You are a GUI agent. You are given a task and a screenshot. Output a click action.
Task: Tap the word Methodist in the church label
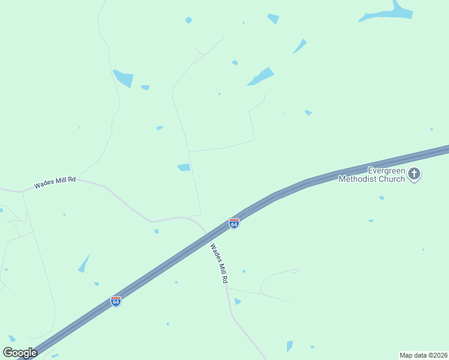(359, 179)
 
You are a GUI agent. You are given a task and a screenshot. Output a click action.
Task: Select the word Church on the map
(393, 179)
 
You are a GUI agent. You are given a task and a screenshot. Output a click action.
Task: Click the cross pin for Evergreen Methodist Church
(414, 175)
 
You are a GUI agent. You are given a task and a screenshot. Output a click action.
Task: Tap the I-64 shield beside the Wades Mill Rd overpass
(234, 223)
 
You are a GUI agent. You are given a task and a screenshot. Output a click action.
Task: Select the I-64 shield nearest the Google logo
(116, 301)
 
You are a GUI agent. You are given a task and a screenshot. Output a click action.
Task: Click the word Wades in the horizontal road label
(44, 184)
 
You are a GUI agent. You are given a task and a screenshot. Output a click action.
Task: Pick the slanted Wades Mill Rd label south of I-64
(219, 263)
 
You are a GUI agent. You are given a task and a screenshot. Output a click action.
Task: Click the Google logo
(20, 353)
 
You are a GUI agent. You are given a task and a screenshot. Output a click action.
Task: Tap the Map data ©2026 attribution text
(423, 355)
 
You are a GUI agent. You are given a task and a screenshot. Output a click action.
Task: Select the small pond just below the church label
(381, 197)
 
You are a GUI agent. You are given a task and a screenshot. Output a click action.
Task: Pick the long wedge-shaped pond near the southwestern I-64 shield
(84, 263)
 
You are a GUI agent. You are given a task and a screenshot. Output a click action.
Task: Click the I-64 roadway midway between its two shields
(175, 262)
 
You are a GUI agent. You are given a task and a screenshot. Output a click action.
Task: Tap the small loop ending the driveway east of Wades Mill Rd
(295, 271)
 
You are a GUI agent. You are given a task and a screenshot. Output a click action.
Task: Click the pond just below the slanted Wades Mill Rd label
(237, 301)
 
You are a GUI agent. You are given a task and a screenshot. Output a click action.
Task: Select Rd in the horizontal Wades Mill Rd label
(72, 179)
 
